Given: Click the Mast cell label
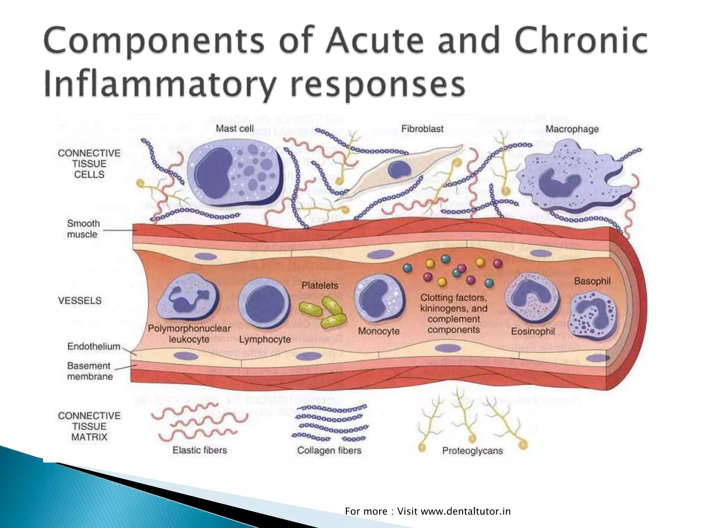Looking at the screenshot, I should [x=234, y=129].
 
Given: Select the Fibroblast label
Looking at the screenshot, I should [x=422, y=129].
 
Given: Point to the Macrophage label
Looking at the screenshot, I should [x=572, y=129].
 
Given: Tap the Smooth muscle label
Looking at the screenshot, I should [x=83, y=229].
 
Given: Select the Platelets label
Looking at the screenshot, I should [x=320, y=285].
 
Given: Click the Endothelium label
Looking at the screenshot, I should [x=93, y=346].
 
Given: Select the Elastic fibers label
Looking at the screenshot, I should [x=200, y=450].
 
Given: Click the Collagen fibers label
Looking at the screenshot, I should [x=329, y=450].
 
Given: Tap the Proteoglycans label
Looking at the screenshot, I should [x=472, y=451].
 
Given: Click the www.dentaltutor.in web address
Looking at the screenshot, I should [x=466, y=511].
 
